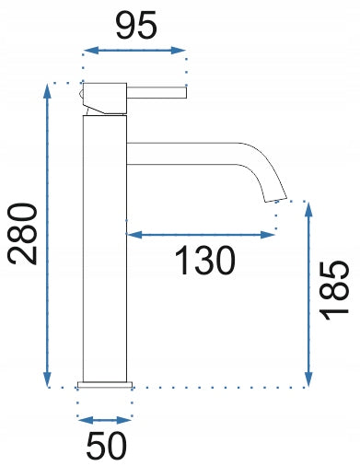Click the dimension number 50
106,447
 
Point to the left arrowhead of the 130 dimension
131,236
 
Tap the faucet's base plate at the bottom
105,384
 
